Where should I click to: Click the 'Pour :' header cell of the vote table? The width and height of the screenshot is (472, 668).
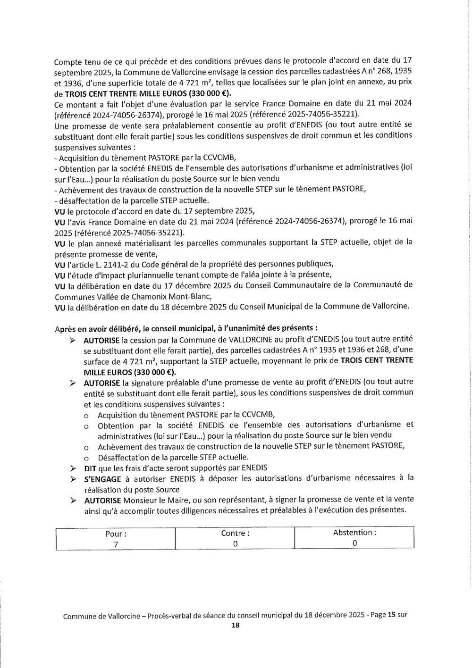(x=115, y=534)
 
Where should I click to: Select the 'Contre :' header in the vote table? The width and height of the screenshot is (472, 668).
(x=235, y=533)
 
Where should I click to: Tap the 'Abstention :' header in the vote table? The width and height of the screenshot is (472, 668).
(x=354, y=532)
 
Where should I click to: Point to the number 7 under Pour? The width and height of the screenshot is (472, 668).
(x=115, y=543)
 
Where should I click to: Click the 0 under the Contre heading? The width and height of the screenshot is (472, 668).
(x=235, y=543)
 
